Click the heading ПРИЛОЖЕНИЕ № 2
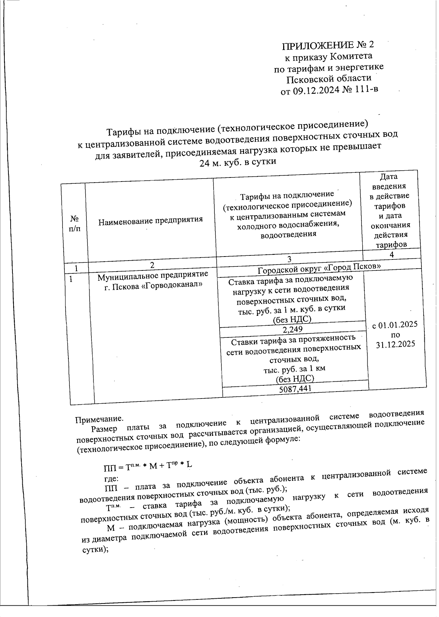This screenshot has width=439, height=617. (x=328, y=45)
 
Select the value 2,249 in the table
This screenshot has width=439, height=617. (x=293, y=329)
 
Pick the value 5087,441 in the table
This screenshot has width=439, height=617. (x=295, y=389)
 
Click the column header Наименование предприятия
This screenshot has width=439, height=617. (x=150, y=220)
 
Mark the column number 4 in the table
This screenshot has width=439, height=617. (x=391, y=255)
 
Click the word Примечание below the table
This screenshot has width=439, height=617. (x=99, y=419)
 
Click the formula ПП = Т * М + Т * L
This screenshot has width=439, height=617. (x=148, y=466)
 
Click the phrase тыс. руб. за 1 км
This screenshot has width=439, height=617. (x=294, y=369)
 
